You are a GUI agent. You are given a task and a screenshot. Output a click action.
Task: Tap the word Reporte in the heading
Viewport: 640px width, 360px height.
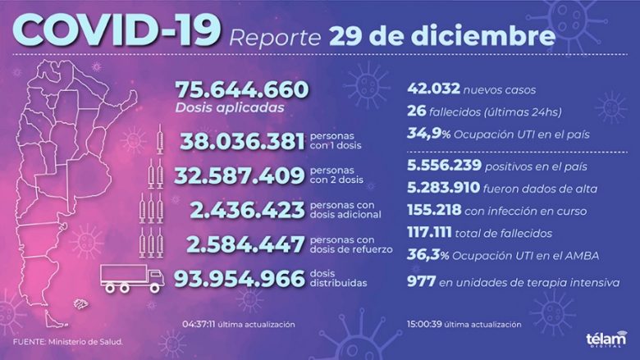[275, 38]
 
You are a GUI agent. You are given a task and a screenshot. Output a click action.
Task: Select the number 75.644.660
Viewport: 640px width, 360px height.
[242, 89]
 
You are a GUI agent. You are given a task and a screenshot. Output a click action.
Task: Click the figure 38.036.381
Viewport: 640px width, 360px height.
[242, 142]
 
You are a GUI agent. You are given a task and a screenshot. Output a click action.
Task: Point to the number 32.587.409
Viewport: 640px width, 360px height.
[240, 175]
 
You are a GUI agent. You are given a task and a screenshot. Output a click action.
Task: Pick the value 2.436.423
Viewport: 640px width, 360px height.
[247, 211]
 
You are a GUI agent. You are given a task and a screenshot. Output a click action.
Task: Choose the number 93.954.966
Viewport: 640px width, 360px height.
[240, 279]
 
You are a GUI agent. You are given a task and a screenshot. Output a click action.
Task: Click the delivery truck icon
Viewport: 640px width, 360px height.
[132, 279]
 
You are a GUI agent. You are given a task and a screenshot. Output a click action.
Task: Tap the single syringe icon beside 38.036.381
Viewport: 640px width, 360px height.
[160, 139]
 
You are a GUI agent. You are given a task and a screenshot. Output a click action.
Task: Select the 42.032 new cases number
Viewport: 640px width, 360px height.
[433, 89]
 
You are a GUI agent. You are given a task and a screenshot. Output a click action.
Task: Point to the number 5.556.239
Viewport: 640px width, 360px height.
[444, 165]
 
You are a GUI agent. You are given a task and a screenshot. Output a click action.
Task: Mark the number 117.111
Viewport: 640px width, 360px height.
[429, 232]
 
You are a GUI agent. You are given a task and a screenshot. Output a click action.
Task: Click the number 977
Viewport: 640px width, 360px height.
[421, 281]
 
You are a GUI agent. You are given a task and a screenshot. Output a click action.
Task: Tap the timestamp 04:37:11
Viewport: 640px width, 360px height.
[199, 325]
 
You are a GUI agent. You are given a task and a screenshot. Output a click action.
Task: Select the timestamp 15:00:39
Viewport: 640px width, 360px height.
[424, 325]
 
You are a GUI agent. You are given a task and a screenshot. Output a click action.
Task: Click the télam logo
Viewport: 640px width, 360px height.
[606, 339]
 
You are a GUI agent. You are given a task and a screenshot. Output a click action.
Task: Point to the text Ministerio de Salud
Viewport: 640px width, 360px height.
[85, 342]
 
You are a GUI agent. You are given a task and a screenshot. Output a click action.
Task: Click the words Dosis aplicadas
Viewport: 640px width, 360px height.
[230, 108]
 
